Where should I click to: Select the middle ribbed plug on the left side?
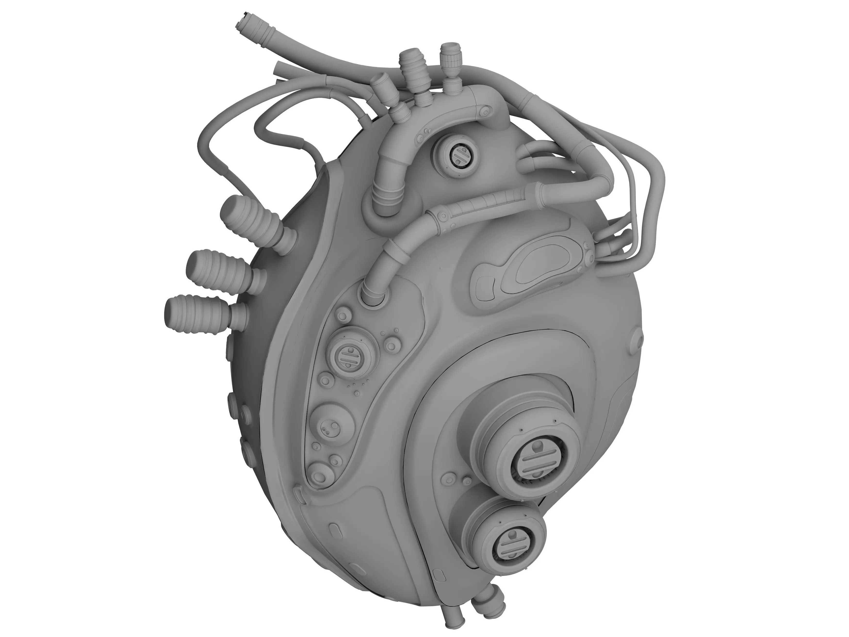coord(219,269)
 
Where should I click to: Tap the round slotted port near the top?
coord(459,155)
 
